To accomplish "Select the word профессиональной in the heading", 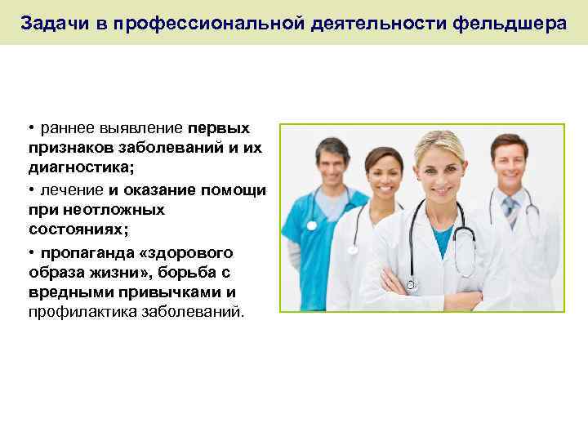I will pos(210,22).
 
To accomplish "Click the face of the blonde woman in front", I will pos(438,174).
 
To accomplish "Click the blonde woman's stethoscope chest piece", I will pos(411,284).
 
